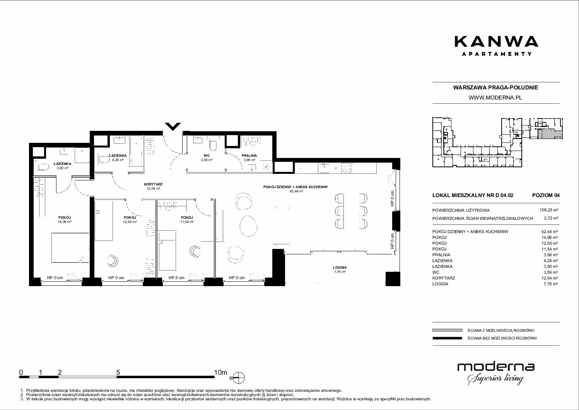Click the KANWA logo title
coord(496,41)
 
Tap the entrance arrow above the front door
coord(173,127)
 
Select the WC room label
coord(207,156)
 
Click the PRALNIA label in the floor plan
coord(249,156)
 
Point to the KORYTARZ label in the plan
coord(153,184)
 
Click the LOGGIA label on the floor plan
coord(340,268)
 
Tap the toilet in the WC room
coord(213,146)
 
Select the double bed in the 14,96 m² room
coord(70,247)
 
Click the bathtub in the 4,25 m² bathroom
coord(136,151)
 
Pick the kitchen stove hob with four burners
coord(348,168)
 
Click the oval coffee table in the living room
coord(248,226)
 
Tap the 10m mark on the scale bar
coord(220,372)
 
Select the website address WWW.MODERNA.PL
coord(495,98)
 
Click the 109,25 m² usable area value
coord(549,210)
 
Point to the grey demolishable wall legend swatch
coord(447,330)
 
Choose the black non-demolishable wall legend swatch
coord(447,338)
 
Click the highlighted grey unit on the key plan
coord(549,135)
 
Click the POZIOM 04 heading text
coord(546,195)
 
